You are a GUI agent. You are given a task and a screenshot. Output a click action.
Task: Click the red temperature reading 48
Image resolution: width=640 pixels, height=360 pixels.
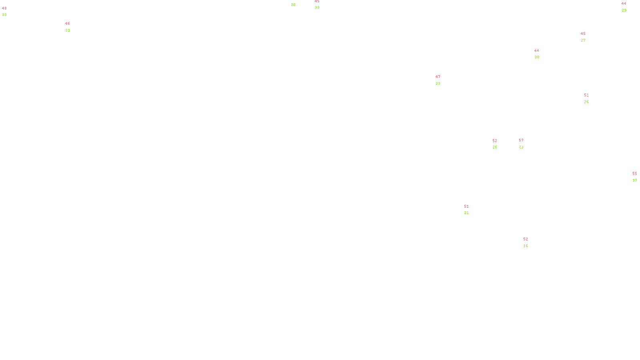pos(4,8)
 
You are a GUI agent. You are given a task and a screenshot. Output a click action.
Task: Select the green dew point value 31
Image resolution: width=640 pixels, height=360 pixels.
pos(68,30)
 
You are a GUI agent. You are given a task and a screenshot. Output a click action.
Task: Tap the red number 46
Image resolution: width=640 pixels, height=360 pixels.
pos(68,24)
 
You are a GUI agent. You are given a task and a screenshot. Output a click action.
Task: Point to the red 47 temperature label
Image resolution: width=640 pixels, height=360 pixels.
pos(438,77)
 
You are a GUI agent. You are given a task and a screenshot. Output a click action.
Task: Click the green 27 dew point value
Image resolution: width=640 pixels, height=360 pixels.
pos(583,40)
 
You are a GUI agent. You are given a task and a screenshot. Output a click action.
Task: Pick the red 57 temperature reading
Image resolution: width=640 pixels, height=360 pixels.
pos(521,140)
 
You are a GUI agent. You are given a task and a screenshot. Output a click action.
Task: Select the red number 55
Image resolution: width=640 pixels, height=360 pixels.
pos(635,174)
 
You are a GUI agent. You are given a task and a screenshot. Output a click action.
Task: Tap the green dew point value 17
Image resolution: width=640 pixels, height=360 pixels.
pos(635,180)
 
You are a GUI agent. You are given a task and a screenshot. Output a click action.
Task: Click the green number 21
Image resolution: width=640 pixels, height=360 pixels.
pos(466,213)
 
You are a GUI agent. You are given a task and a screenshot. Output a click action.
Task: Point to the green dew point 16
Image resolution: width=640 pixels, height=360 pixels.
pos(526,246)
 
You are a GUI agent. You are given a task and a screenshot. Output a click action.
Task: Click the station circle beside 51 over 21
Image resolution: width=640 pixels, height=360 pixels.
pos(470,210)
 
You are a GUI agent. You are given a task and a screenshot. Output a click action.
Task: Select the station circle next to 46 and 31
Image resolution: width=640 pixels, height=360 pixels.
pos(72,27)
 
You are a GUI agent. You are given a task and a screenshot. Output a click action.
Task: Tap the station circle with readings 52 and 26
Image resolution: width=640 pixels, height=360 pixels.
pos(498,144)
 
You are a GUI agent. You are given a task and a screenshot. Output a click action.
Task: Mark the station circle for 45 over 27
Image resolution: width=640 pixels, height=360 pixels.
pos(587,37)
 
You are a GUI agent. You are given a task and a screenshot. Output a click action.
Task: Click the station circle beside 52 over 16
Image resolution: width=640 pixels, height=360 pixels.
pos(530,242)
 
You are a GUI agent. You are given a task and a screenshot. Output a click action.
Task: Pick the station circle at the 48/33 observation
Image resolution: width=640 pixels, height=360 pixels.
pos(8,12)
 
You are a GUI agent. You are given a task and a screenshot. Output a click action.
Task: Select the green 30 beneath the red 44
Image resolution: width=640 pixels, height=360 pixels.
pos(537,57)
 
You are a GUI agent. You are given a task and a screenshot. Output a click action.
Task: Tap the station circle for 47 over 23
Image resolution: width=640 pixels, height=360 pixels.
pos(442,80)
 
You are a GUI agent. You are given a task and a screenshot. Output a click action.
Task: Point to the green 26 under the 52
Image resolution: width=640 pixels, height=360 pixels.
pos(495,147)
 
